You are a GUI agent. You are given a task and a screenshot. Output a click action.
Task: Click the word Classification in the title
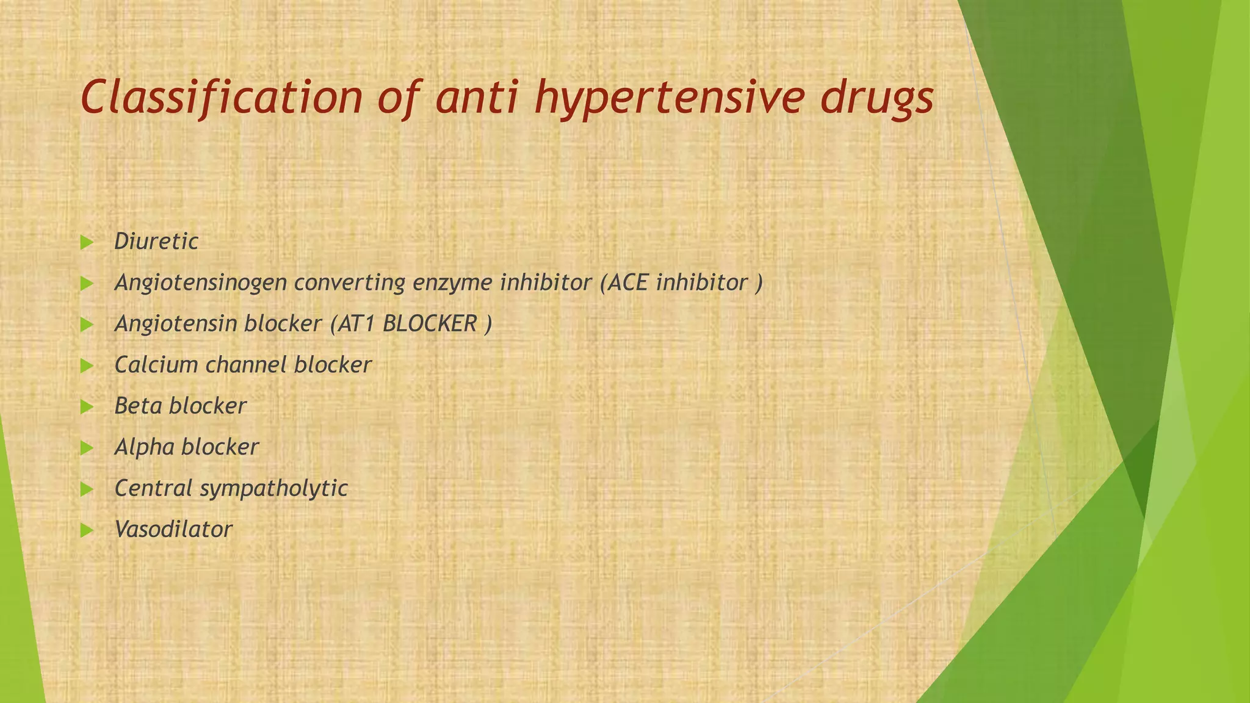pyautogui.click(x=222, y=98)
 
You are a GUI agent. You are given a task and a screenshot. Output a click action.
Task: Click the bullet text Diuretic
pyautogui.click(x=156, y=242)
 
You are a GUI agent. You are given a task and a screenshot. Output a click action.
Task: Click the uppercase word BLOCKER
pyautogui.click(x=430, y=324)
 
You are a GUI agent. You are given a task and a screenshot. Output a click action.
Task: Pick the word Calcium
pyautogui.click(x=157, y=365)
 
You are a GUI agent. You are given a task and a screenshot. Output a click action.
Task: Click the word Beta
pyautogui.click(x=138, y=406)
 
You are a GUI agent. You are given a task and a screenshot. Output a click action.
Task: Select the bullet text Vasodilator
pyautogui.click(x=173, y=529)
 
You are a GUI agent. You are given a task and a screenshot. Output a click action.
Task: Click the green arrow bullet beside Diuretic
pyautogui.click(x=87, y=243)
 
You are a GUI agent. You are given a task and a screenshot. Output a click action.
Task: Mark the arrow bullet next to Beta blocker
pyautogui.click(x=87, y=407)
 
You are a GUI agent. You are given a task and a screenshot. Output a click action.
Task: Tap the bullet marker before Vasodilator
pyautogui.click(x=87, y=530)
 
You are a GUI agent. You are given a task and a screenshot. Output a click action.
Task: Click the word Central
pyautogui.click(x=154, y=488)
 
